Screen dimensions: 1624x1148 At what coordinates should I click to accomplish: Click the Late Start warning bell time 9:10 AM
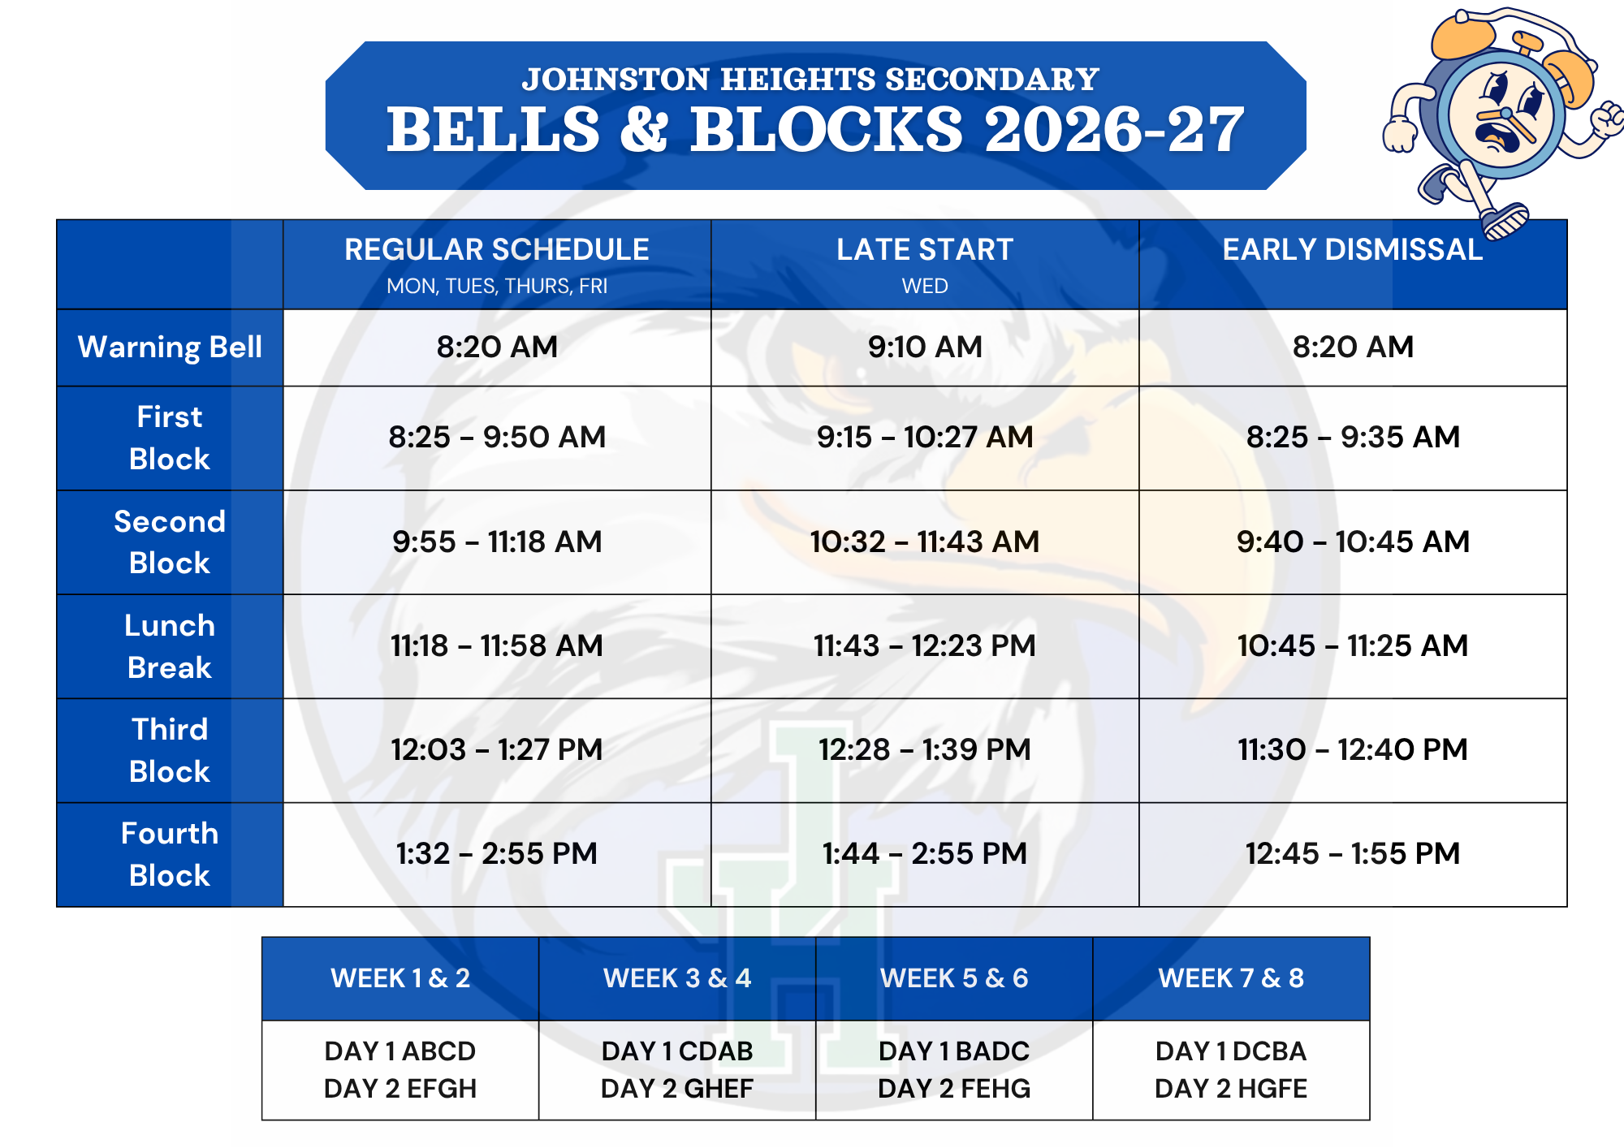click(x=925, y=347)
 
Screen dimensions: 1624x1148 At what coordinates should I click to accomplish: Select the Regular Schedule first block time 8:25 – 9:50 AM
click(x=497, y=437)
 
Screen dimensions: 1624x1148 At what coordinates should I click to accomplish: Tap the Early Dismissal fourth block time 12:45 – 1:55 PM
click(x=1353, y=853)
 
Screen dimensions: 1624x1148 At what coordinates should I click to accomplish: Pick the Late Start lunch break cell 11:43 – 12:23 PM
click(x=925, y=645)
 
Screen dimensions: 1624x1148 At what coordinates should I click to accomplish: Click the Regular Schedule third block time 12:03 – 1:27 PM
click(x=497, y=749)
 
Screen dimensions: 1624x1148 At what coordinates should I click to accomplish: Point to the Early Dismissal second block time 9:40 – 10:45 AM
click(x=1353, y=542)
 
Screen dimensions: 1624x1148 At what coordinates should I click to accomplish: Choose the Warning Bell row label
click(x=170, y=347)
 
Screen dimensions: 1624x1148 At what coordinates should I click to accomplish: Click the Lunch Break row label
click(x=170, y=646)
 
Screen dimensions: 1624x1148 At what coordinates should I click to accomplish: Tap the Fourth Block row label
click(x=170, y=854)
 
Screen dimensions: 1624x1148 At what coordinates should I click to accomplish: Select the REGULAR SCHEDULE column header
click(x=497, y=249)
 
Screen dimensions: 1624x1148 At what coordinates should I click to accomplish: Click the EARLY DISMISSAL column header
click(x=1353, y=249)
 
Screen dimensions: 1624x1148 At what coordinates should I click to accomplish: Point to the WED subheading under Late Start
click(x=925, y=286)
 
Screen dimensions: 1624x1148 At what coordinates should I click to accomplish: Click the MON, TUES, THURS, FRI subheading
click(x=497, y=287)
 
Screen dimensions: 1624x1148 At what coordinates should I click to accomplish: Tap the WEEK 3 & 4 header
click(x=677, y=978)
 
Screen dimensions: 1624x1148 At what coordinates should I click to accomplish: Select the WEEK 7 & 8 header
click(x=1231, y=978)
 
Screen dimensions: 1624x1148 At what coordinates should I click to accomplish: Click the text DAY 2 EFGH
click(x=400, y=1088)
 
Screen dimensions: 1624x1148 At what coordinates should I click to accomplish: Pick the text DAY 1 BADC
click(x=954, y=1051)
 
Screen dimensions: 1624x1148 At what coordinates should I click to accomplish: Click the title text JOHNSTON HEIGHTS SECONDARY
click(x=810, y=80)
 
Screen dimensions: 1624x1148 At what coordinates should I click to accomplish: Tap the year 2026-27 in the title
click(x=1114, y=130)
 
